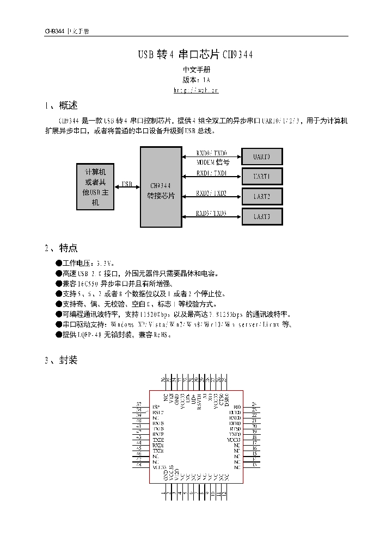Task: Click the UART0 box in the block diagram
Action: coord(262,157)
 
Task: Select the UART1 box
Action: coord(262,176)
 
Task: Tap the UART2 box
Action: coord(262,196)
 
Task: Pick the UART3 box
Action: coord(262,216)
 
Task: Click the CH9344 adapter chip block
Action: coord(161,187)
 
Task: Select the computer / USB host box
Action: coord(95,186)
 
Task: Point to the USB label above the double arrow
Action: coord(127,184)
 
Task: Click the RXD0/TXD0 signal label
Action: coord(212,154)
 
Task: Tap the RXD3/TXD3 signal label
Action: coord(211,213)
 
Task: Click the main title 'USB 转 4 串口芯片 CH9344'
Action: coord(195,55)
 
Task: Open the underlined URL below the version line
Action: coord(196,90)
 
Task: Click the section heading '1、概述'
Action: coord(61,105)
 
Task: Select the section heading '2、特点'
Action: coord(61,248)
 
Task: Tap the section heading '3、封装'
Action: coord(61,360)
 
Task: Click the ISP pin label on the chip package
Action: coord(156,407)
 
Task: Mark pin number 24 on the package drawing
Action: coord(254,404)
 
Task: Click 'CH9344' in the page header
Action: coord(54,31)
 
